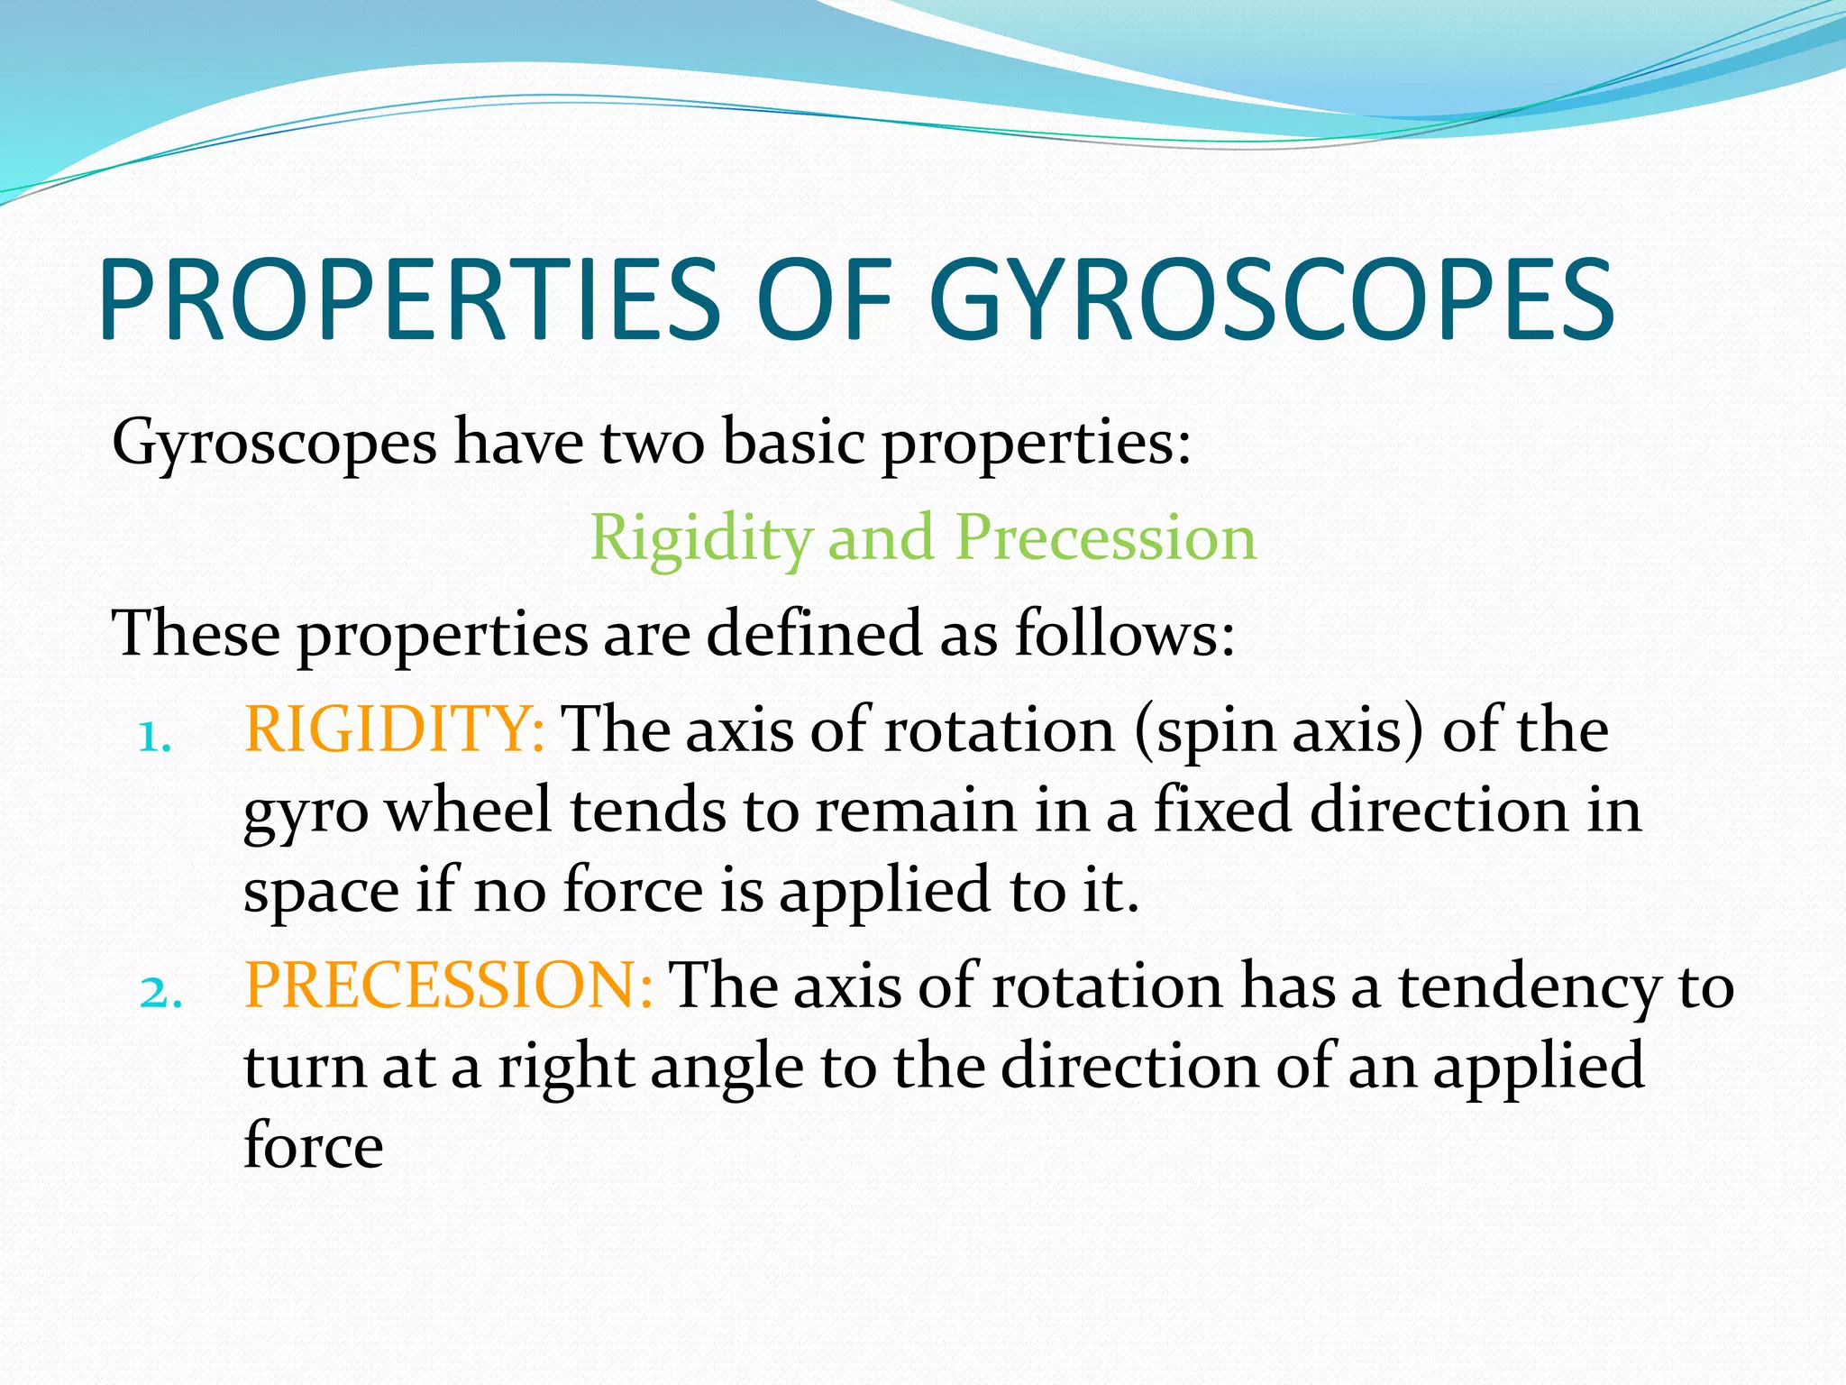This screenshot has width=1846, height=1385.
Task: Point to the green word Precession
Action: coord(1105,538)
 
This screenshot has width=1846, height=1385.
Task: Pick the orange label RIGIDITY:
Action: coord(394,729)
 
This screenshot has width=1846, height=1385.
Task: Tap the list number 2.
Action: coord(160,994)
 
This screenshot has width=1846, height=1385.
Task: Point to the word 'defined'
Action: coord(813,633)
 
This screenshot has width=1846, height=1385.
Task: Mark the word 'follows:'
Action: coord(1124,633)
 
